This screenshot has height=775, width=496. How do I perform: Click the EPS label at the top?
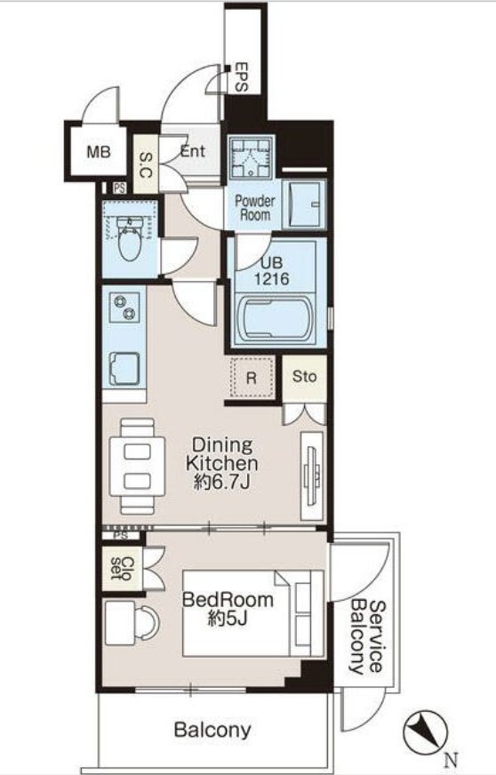click(x=241, y=76)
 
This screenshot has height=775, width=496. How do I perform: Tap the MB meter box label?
click(x=99, y=152)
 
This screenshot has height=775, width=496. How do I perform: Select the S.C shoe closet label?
click(x=146, y=165)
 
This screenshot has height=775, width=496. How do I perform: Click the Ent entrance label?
click(x=192, y=151)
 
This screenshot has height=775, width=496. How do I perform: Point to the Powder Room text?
click(x=255, y=208)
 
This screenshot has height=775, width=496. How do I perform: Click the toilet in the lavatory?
click(x=130, y=240)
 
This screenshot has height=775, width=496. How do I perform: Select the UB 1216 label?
click(x=271, y=271)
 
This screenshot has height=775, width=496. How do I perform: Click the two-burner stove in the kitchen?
click(x=124, y=308)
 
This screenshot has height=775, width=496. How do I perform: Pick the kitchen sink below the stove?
click(x=124, y=368)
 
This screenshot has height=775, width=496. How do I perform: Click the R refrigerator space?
click(x=252, y=378)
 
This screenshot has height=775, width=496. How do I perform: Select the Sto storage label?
click(x=304, y=377)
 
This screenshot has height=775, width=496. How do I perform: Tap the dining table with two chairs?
click(x=137, y=466)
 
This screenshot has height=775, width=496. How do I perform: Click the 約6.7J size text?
click(x=221, y=482)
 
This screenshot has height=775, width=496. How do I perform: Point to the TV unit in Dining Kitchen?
click(x=312, y=475)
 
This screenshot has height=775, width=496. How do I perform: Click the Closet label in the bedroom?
click(x=122, y=569)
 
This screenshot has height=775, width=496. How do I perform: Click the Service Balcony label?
click(x=366, y=636)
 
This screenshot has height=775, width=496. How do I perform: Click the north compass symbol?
click(x=425, y=733)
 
